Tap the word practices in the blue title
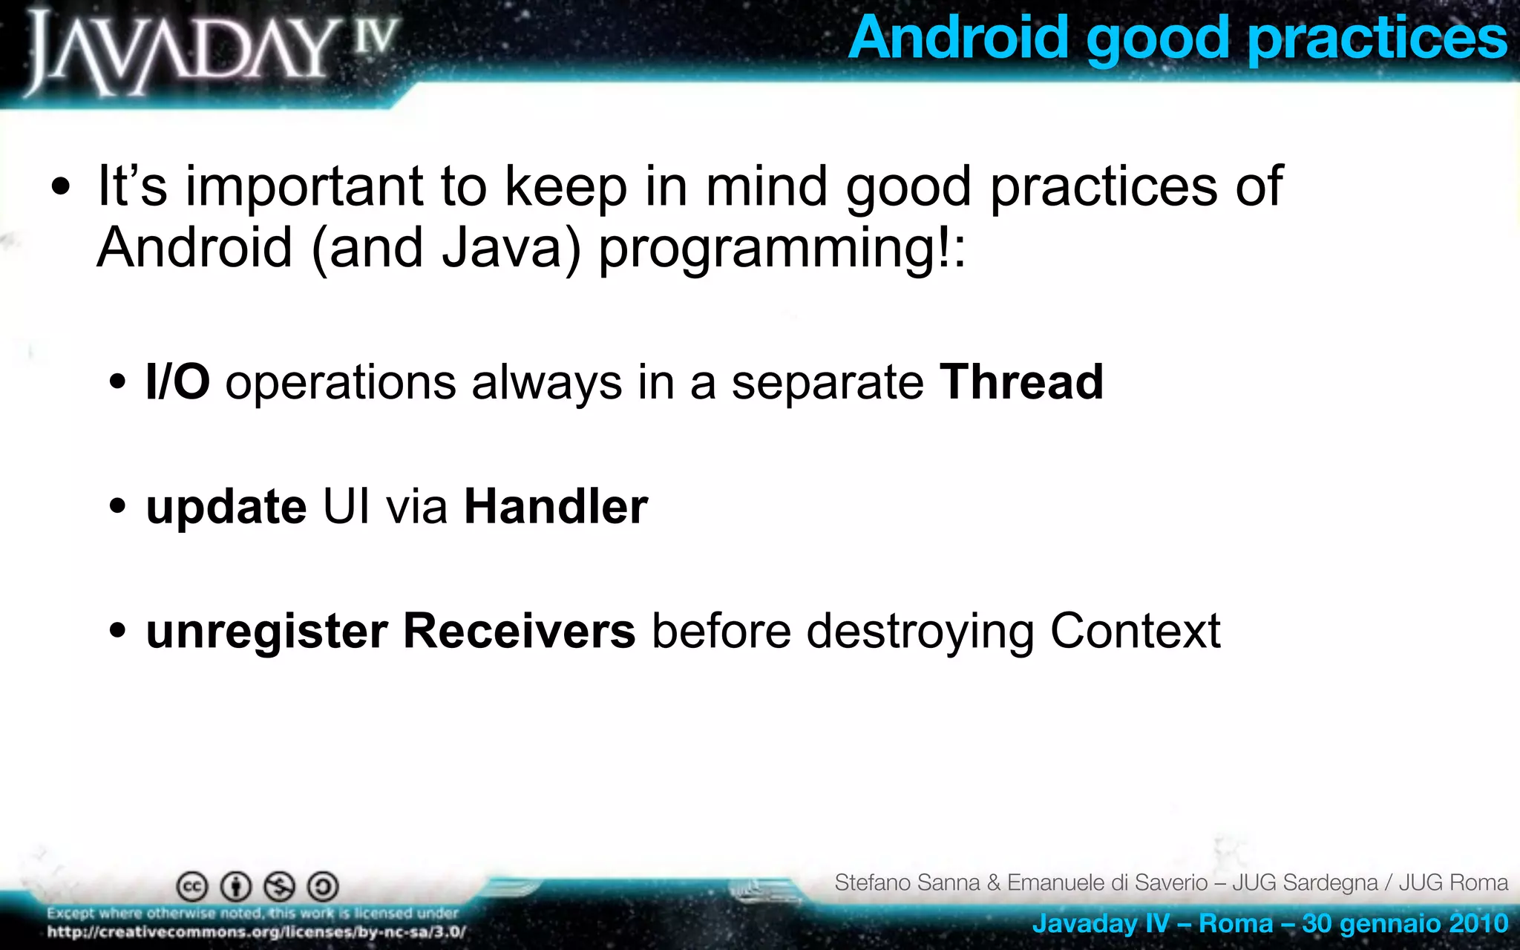[x=1377, y=39]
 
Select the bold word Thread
[x=1021, y=382]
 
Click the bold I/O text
[x=177, y=382]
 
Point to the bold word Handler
[x=556, y=507]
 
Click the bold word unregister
[x=266, y=632]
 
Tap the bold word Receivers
[x=519, y=632]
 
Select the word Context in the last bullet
[x=1135, y=632]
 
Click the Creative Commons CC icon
[x=191, y=886]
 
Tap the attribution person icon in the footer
[x=236, y=886]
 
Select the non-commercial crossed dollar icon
[x=280, y=886]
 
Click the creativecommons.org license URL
[x=256, y=932]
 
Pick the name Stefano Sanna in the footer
[x=906, y=882]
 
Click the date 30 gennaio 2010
[x=1404, y=923]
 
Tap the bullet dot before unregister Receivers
[x=117, y=632]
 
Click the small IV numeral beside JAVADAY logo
[x=374, y=37]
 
